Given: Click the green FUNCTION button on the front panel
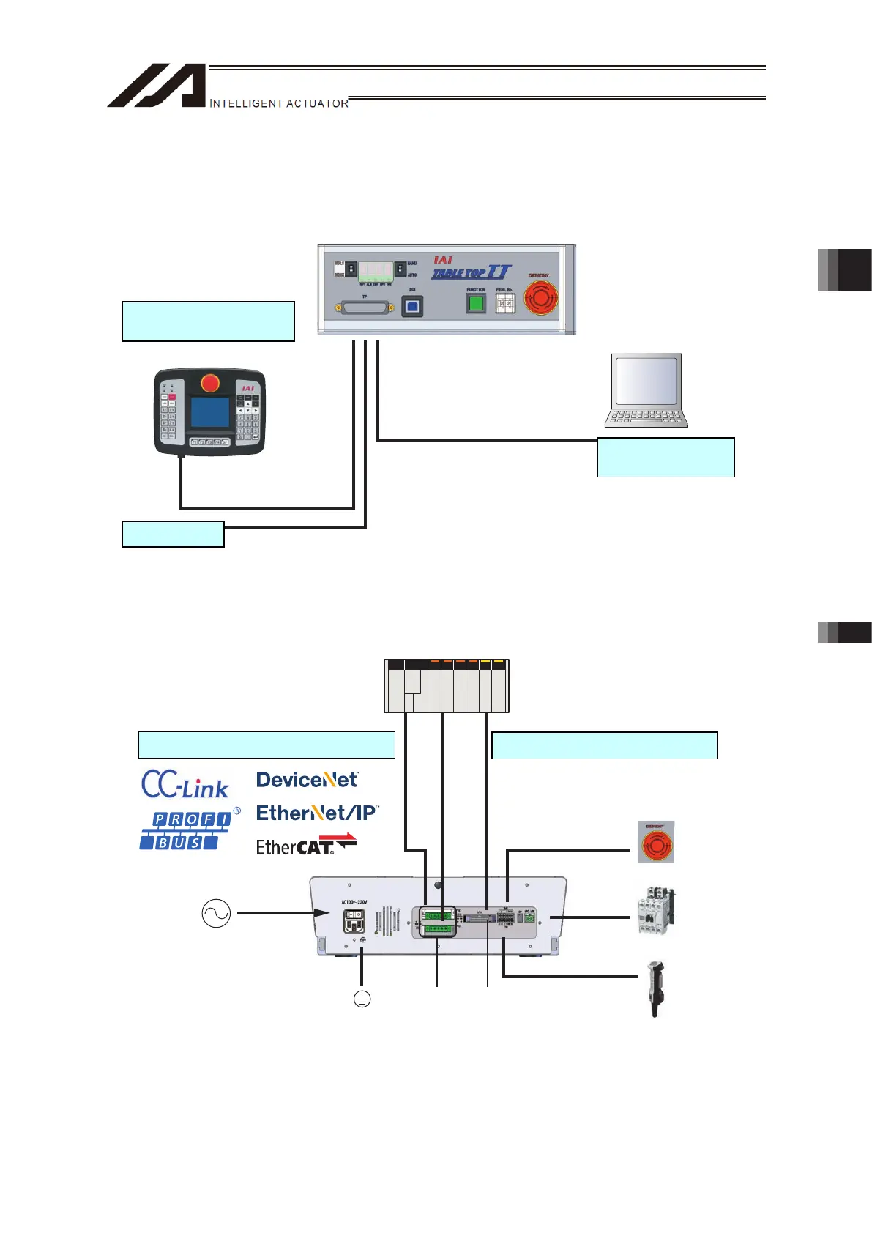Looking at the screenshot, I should coord(477,302).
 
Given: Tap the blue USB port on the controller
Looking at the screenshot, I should coord(412,306).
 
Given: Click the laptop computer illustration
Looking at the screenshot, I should coord(646,390).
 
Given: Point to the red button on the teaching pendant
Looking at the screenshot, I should coord(210,383).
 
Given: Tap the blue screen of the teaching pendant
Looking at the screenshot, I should coord(209,412).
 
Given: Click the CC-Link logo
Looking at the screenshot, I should coord(185,784).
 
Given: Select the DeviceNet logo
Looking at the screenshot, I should coord(307,780).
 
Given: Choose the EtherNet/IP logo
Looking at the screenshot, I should coord(316,813).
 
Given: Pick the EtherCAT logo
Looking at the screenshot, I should coord(305,846).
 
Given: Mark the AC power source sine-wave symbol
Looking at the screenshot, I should coord(216,914).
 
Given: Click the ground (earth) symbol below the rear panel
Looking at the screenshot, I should coord(362,999).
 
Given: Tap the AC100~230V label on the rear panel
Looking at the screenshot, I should coord(354,902).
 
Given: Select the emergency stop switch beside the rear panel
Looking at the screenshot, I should coord(656,842).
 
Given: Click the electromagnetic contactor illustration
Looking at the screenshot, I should coord(655,912).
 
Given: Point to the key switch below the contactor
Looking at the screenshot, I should coord(655,988).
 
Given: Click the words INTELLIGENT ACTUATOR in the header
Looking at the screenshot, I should coord(278,104).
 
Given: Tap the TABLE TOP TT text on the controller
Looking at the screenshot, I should coord(472,272).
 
